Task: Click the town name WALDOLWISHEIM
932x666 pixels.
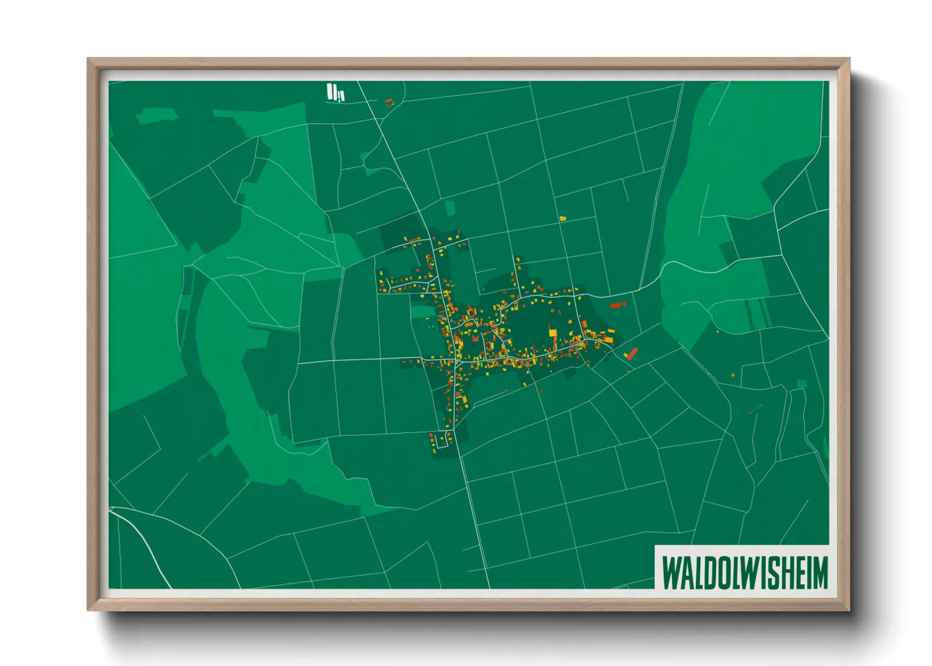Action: click(744, 573)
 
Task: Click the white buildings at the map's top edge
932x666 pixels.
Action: click(335, 93)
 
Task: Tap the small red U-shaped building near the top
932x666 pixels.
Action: click(389, 102)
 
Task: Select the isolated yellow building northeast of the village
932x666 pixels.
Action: click(563, 218)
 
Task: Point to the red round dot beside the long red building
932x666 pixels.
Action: click(625, 303)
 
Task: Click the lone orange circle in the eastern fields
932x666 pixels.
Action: click(733, 375)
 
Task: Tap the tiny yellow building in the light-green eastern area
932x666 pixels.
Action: click(717, 331)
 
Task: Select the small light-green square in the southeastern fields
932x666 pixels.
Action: click(802, 383)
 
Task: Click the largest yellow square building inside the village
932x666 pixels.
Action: click(553, 332)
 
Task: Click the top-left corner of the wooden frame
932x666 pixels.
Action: click(89, 60)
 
